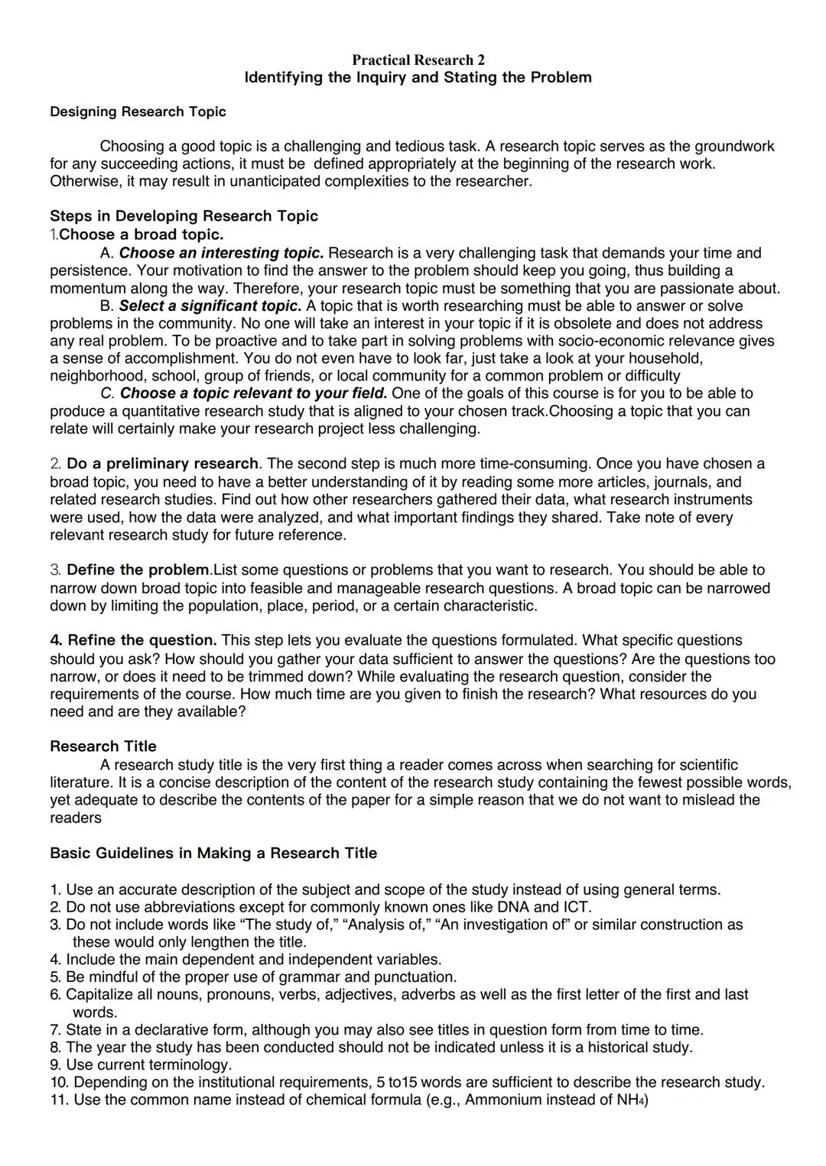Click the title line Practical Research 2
418,60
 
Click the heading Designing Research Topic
138,112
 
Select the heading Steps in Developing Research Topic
184,215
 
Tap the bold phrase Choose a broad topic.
141,234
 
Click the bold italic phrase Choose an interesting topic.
221,252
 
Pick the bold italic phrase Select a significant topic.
210,306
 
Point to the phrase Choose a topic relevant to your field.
253,393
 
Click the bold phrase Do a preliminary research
162,463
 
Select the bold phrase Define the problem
138,569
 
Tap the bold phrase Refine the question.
134,640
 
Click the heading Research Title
102,746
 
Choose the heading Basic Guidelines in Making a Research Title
213,853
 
